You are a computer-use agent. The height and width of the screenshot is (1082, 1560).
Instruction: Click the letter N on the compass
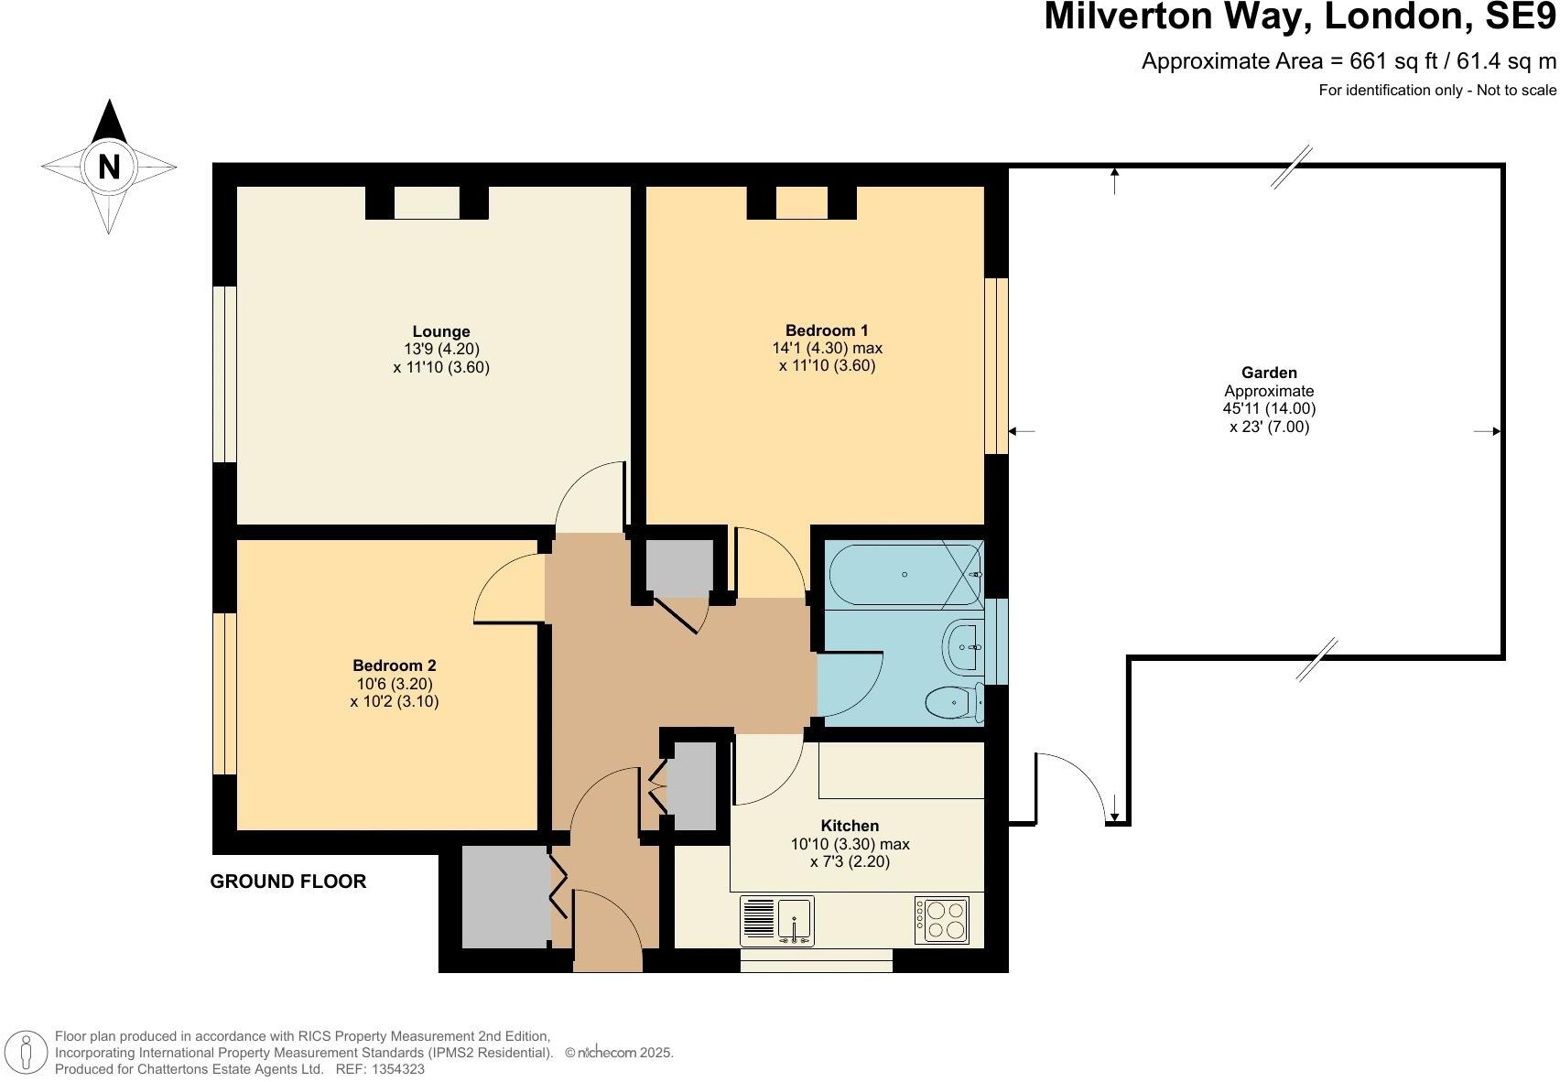[109, 168]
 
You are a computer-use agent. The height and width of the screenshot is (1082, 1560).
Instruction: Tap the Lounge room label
[440, 331]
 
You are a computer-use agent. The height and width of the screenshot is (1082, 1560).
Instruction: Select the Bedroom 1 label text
[826, 330]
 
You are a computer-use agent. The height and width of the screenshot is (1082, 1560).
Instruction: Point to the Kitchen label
[849, 826]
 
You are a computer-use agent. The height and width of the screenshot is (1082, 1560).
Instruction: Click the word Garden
[1268, 373]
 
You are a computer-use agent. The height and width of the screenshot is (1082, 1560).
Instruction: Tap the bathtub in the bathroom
[903, 574]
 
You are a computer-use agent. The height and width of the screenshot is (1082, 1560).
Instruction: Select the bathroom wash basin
[963, 646]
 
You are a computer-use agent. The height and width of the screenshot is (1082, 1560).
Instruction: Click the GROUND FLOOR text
[288, 882]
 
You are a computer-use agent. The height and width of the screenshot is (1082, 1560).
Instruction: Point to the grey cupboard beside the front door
[504, 897]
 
